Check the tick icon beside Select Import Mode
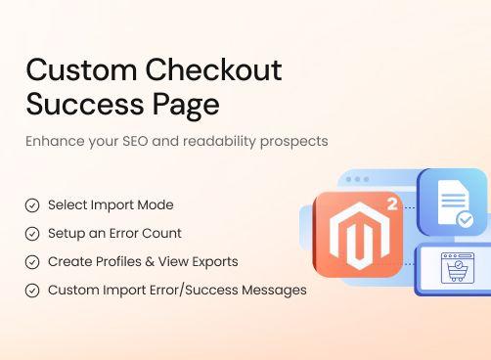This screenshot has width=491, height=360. tap(32, 205)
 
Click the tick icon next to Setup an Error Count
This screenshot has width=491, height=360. tap(32, 234)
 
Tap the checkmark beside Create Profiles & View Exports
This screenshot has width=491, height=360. tap(32, 262)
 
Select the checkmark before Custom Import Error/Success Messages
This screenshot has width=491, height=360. tap(32, 291)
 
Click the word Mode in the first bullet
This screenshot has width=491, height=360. tap(156, 205)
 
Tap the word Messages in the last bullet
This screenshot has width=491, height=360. tap(276, 291)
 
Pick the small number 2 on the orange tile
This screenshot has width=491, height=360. tap(391, 205)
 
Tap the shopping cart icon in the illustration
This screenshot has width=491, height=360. tap(454, 270)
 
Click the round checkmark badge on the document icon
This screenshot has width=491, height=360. tap(466, 220)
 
